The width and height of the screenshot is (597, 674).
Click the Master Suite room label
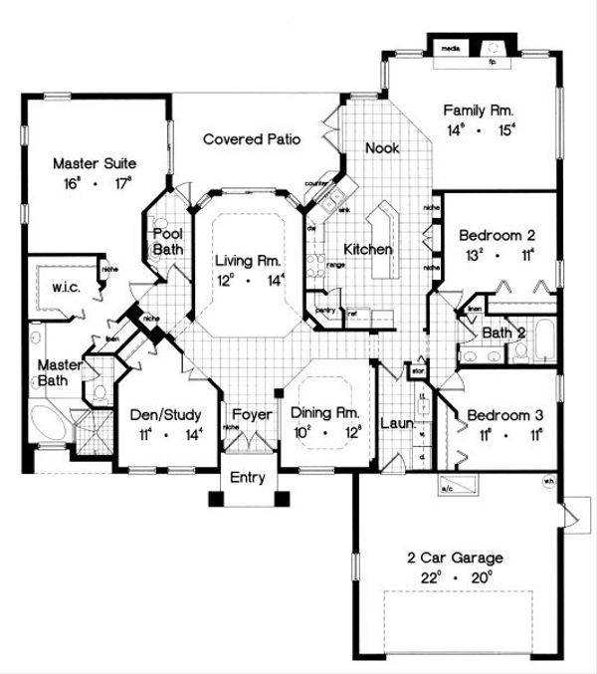pos(94,163)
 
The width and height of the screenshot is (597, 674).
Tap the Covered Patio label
pos(252,139)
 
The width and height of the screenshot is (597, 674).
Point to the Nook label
pos(382,147)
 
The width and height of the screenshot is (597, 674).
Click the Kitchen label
pos(367,249)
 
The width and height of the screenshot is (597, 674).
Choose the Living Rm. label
pos(249,261)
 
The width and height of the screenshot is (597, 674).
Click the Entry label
pos(248,478)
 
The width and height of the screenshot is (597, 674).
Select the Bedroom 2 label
pos(497,236)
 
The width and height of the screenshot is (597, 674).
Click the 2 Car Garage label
pos(461,558)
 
